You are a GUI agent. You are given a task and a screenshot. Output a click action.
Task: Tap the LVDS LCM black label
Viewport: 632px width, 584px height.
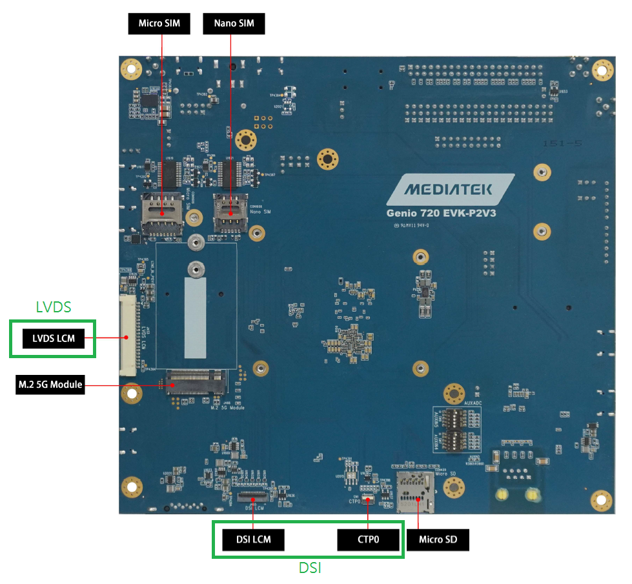click(x=53, y=338)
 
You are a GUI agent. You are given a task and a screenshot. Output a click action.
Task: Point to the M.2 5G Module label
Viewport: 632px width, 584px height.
click(x=50, y=385)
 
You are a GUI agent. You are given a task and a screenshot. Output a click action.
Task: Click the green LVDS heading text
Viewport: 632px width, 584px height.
click(x=53, y=307)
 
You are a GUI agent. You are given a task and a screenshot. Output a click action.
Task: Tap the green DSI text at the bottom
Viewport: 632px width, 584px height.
click(x=310, y=568)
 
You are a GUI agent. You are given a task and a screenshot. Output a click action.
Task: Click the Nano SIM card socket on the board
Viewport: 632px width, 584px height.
click(x=229, y=212)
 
